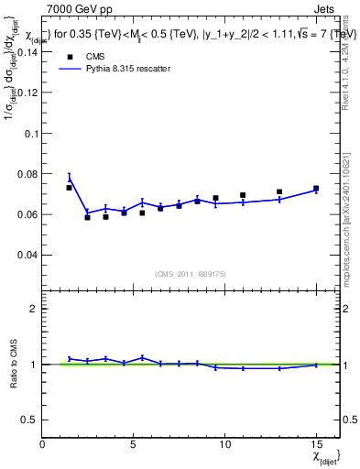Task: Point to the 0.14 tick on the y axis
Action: click(27, 52)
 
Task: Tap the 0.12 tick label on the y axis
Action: click(27, 93)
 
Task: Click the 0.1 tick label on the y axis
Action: click(30, 133)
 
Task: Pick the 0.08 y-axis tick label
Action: click(27, 174)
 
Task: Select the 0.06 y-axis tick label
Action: click(27, 214)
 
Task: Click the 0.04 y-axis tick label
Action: click(27, 255)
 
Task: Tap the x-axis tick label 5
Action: click(134, 444)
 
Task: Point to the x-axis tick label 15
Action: click(316, 444)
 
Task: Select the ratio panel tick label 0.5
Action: click(30, 420)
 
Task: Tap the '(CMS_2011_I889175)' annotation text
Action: click(191, 273)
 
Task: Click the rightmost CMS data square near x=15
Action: click(316, 189)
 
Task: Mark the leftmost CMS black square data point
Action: click(69, 188)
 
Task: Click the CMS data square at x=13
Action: click(279, 192)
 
